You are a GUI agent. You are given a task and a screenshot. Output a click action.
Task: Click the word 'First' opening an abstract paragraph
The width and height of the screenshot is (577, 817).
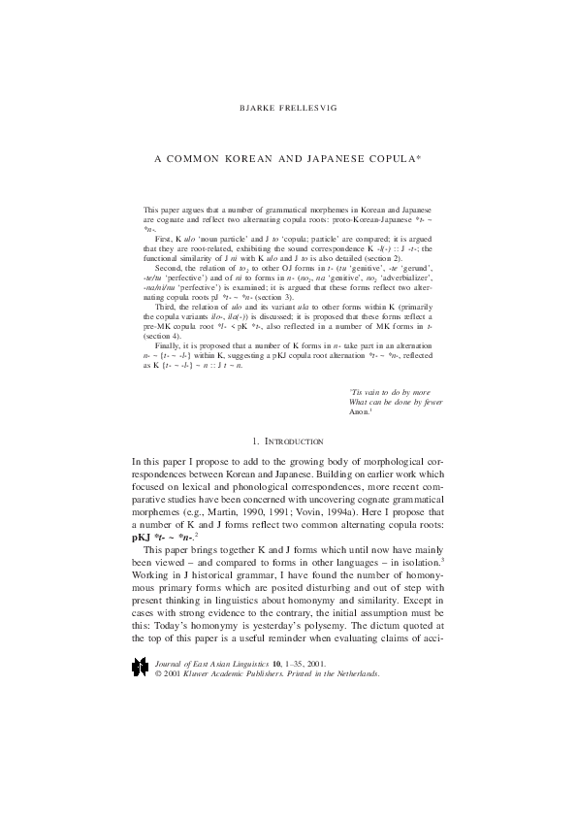point(163,237)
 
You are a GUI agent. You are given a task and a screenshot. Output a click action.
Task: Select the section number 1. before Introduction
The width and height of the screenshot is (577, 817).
point(254,441)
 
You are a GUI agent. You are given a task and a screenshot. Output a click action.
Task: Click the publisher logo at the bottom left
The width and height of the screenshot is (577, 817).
point(142,668)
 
